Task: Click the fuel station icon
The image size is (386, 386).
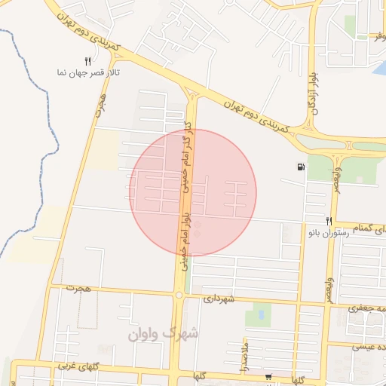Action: point(302,167)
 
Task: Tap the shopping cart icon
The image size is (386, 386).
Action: point(268,376)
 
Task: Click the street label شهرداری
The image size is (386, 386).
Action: point(219,299)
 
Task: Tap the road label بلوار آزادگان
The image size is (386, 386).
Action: point(311,103)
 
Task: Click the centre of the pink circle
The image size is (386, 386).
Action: point(193,193)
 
